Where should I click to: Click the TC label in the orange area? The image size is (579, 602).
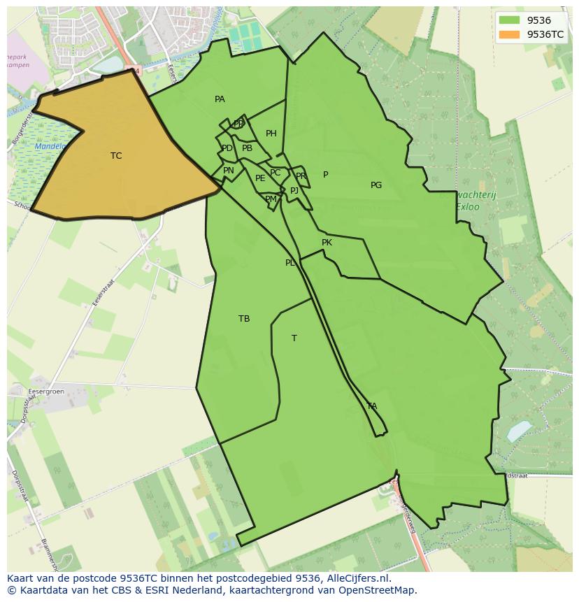pos(116,156)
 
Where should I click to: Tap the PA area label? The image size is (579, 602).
pos(220,99)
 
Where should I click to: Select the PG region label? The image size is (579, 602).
pos(376,185)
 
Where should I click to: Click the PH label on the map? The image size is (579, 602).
pos(271,134)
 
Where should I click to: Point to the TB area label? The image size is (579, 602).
pos(244,319)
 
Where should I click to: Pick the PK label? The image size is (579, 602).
pos(327,243)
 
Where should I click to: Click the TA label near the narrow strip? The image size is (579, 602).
pos(372,406)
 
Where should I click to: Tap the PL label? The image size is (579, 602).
pos(290,263)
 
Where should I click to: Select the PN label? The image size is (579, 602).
pos(229,171)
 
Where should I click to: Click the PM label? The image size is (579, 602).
pos(271,199)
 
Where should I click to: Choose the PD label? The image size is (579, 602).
pos(227,148)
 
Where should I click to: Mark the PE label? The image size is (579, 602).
pos(260,178)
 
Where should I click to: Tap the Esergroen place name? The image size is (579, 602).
pos(46,392)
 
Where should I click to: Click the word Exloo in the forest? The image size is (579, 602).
pos(468,207)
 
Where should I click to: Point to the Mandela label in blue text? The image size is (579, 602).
pos(50,147)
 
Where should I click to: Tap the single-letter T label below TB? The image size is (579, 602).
pos(294,338)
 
